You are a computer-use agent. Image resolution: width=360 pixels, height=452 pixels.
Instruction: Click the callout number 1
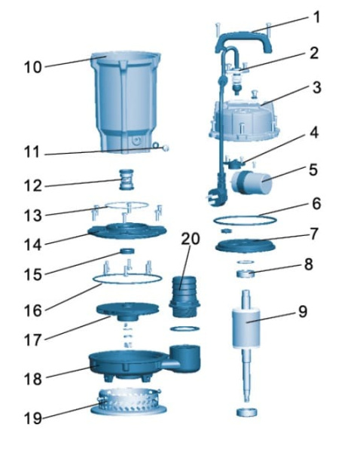317,17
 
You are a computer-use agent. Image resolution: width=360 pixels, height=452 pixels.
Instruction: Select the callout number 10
33,68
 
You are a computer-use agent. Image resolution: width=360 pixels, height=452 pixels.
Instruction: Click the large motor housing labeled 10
126,102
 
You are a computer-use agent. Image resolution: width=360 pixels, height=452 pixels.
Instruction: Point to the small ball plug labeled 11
166,148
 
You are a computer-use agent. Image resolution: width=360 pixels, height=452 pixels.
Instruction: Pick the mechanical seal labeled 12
127,179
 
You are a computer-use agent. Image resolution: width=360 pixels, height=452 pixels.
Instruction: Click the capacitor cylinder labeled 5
252,182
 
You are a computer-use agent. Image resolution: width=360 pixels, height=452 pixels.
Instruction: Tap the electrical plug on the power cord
216,197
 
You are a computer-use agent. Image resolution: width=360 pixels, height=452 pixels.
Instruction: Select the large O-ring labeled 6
245,221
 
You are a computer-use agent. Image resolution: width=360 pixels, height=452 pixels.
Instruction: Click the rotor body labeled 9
246,328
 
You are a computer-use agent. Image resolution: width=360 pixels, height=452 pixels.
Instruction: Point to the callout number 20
191,239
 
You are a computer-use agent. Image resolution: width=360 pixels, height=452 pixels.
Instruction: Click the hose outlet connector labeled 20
185,297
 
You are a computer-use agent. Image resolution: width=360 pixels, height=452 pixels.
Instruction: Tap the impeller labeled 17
127,312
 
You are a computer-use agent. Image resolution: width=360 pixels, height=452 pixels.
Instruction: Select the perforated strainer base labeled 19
129,402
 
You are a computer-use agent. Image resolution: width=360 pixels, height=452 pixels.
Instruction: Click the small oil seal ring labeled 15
127,251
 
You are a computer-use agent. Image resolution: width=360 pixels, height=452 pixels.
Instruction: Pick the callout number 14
33,245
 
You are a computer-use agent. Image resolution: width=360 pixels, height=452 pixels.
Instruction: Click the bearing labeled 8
246,273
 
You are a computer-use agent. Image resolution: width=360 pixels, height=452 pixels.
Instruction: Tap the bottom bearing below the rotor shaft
246,412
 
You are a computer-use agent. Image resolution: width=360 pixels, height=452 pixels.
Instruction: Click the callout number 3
317,87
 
